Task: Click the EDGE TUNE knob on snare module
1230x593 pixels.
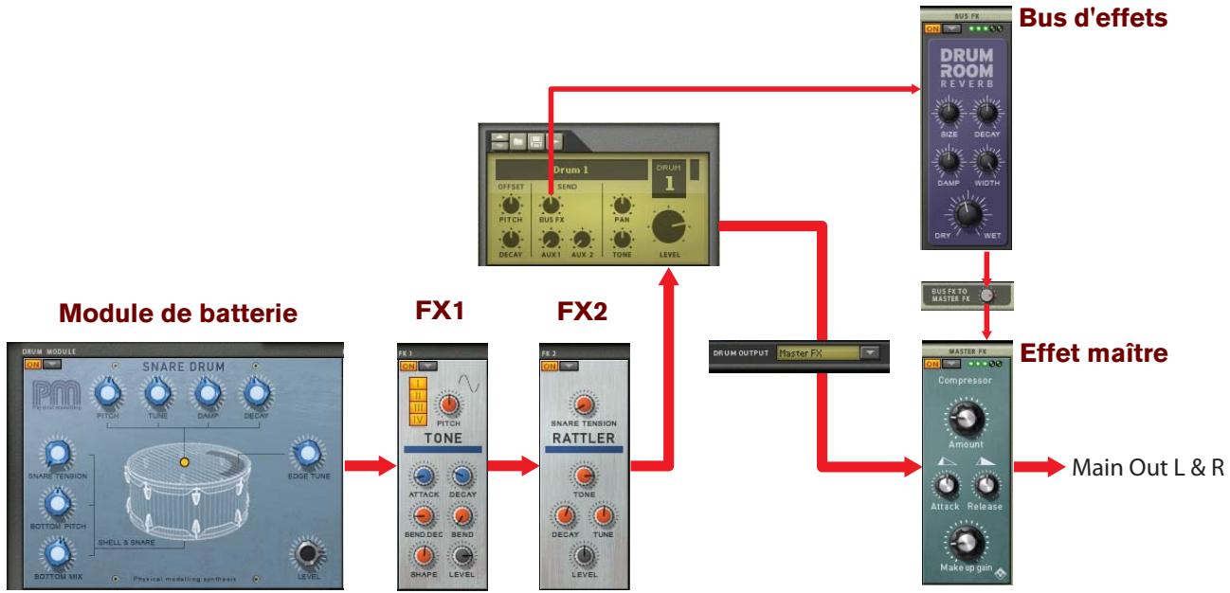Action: (307, 454)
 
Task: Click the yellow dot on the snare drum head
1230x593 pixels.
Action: (186, 462)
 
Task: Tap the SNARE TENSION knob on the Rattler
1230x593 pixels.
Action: (585, 404)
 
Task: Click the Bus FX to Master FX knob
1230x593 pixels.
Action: (987, 295)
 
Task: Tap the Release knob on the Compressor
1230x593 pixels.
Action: (987, 486)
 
